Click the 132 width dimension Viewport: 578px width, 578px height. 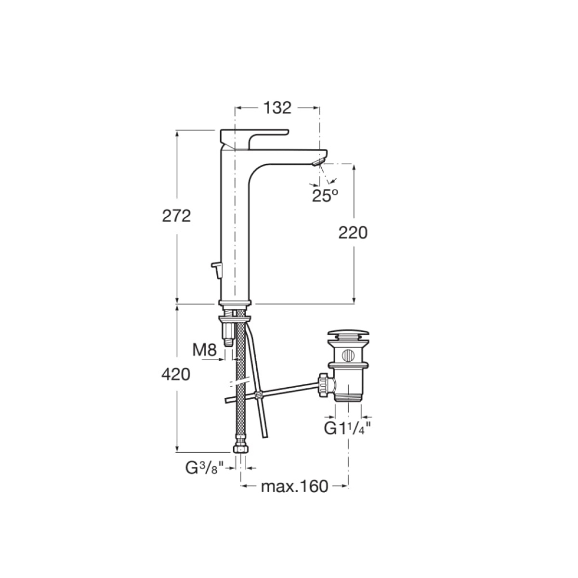tap(277, 108)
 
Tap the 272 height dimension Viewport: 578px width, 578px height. tap(176, 216)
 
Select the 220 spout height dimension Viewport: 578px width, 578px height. tap(353, 233)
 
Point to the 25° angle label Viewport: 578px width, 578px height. tap(325, 196)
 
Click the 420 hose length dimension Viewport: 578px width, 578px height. tap(176, 375)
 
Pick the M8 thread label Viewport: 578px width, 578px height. tap(204, 350)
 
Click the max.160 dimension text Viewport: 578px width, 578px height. tap(295, 495)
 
